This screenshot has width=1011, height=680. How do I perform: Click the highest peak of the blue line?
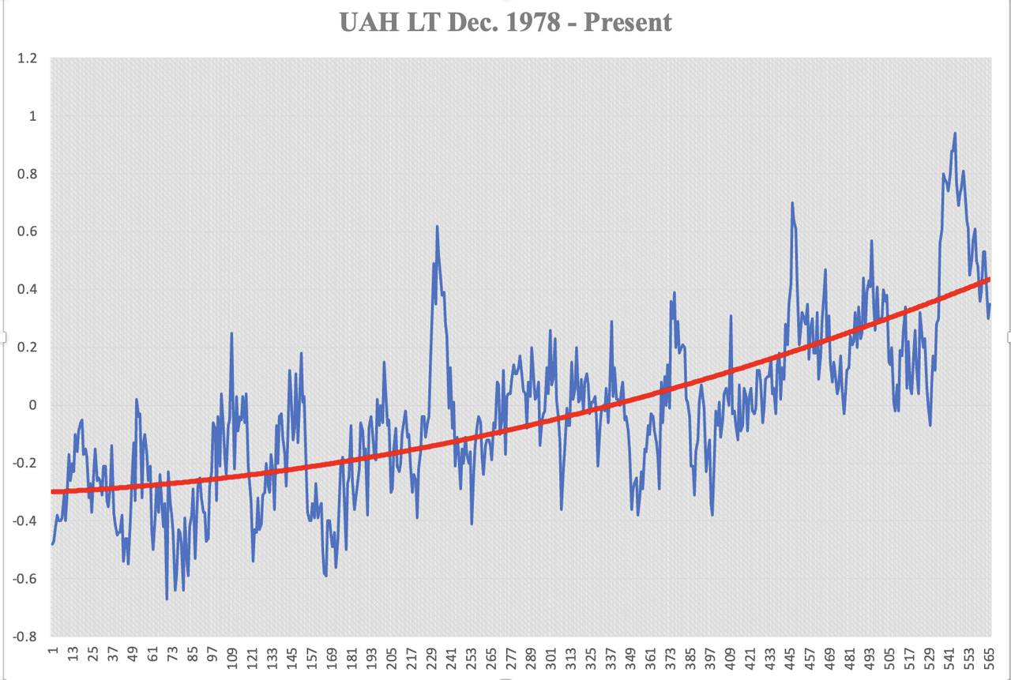(x=955, y=133)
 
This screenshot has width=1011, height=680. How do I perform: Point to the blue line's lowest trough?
(x=167, y=599)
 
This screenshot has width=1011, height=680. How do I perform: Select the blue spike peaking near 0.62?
(x=437, y=227)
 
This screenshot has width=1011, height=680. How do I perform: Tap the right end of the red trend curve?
(x=989, y=280)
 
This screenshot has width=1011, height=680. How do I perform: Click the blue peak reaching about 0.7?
(x=791, y=203)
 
